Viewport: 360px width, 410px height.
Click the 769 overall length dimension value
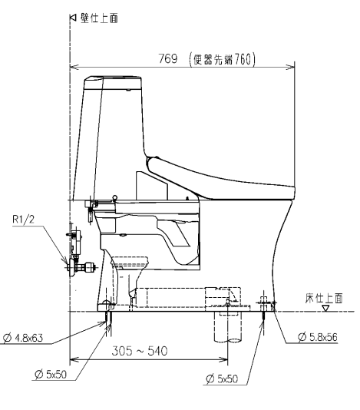[x=168, y=58]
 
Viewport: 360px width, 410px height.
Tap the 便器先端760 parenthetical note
[x=222, y=59]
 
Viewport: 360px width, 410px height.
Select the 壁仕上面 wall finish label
[x=99, y=18]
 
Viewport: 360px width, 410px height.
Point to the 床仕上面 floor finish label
[x=324, y=299]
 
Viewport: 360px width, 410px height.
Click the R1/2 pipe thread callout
[x=23, y=219]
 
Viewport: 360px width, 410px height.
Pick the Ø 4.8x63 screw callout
[x=23, y=338]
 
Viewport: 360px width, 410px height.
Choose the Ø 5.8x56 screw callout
[x=318, y=337]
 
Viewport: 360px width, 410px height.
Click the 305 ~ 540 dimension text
[x=140, y=351]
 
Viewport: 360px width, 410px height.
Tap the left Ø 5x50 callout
[x=51, y=375]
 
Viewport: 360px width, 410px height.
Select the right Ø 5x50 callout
[x=222, y=379]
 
